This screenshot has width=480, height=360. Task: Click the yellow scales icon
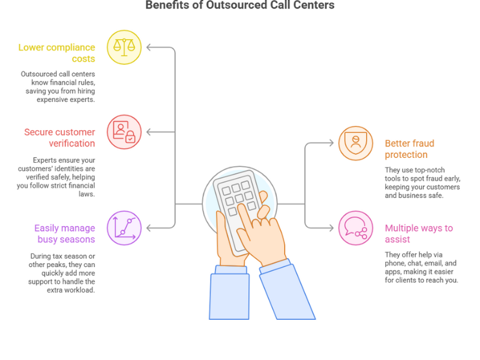point(124,46)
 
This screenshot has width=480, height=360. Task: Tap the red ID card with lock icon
point(124,131)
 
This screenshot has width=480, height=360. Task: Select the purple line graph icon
point(124,228)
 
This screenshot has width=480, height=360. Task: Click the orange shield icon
point(355,143)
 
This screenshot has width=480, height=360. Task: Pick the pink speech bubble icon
point(355,228)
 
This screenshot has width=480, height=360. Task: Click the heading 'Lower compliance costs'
point(56,53)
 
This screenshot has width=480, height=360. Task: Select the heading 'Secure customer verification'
point(59,137)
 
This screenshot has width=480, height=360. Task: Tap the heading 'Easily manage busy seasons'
point(65,233)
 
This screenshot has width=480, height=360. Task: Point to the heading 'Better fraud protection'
point(409,149)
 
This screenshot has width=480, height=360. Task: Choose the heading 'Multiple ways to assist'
point(418,233)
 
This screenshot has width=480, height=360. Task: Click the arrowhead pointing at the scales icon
point(149,46)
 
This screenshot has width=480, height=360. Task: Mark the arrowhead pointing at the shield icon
point(331,143)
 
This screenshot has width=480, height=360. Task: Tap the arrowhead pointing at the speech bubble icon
point(331,228)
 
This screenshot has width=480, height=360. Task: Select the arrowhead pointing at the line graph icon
point(149,228)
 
